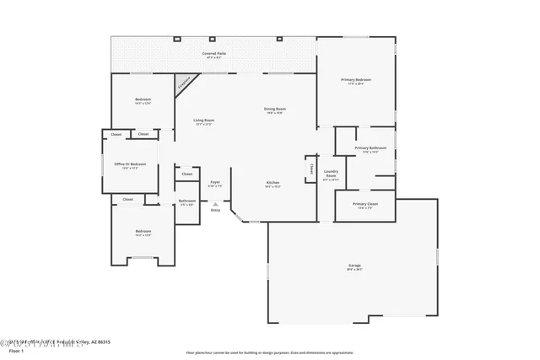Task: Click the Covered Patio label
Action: tap(213, 53)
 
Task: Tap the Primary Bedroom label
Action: tap(356, 79)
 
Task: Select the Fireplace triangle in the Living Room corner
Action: tap(182, 83)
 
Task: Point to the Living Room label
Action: tap(203, 121)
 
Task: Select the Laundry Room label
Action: tap(331, 173)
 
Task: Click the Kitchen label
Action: tap(273, 182)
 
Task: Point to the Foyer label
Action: tap(215, 181)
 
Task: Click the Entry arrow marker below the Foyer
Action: tap(215, 203)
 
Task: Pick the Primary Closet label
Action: tap(365, 204)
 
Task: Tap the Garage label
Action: tap(354, 266)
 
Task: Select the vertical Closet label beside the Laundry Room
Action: tap(310, 168)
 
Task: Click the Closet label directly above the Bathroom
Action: tap(186, 174)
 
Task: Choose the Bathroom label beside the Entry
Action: tap(186, 201)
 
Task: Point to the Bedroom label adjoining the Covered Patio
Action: tap(143, 99)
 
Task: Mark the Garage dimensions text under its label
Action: tap(354, 271)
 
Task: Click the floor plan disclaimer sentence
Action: tap(269, 352)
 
